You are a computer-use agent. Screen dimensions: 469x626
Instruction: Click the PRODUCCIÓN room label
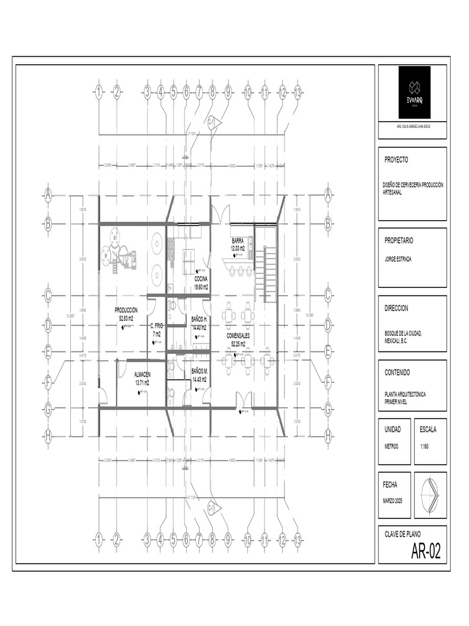[126, 311]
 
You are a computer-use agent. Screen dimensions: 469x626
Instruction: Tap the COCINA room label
[201, 279]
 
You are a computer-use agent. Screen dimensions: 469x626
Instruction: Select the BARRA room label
[238, 240]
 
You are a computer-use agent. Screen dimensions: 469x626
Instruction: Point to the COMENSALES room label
[238, 336]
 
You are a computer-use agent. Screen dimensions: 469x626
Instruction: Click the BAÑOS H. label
[200, 319]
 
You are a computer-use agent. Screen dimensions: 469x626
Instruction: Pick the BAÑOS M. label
[200, 371]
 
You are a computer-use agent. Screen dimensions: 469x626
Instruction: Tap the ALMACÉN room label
[142, 374]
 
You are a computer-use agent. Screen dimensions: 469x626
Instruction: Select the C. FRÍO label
[157, 326]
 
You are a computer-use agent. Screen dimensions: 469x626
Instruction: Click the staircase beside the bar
[269, 273]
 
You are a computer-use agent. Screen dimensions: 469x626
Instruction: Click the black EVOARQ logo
[414, 92]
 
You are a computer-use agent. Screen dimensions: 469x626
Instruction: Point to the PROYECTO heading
[396, 160]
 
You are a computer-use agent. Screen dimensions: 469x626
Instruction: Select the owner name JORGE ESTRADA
[398, 259]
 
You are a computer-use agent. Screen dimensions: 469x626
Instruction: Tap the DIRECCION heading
[396, 309]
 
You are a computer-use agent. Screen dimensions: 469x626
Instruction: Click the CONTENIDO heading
[397, 372]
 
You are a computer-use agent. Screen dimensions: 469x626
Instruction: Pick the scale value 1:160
[425, 446]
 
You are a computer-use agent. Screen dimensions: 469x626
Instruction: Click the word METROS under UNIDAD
[391, 446]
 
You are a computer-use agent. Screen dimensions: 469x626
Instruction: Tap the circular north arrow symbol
[430, 495]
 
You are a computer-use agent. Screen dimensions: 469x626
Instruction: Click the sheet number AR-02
[426, 553]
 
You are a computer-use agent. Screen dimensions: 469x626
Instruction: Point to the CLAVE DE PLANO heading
[402, 533]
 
